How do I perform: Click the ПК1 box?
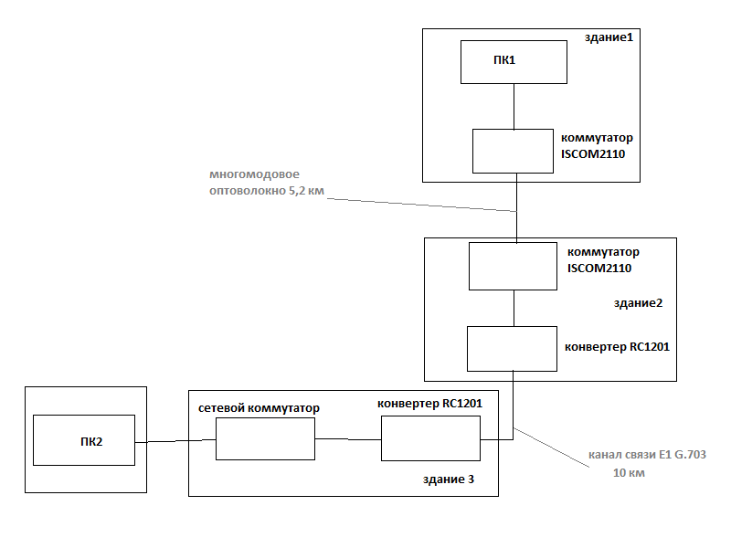coord(513,62)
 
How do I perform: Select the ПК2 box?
coord(83,440)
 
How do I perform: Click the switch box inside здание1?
coord(512,151)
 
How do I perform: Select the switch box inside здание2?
coord(512,266)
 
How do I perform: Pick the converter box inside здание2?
coord(512,349)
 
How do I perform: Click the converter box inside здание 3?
coord(430,438)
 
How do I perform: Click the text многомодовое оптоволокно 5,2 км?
coord(266,183)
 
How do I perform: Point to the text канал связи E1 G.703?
coord(648,455)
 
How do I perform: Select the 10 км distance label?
coord(629,473)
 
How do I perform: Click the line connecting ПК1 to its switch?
coord(514,106)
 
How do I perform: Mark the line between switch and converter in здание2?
coord(514,308)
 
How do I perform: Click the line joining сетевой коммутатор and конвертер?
coord(347,439)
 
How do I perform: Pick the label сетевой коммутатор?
coord(258,408)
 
